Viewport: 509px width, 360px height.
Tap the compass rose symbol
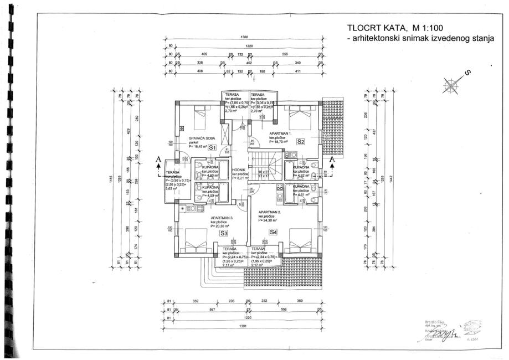(x=453, y=84)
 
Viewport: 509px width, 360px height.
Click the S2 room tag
(x=300, y=142)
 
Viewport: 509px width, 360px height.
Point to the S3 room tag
(x=224, y=233)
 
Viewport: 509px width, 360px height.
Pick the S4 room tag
(x=273, y=232)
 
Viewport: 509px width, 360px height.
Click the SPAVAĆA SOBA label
(x=202, y=138)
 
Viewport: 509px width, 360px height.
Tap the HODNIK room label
(x=238, y=170)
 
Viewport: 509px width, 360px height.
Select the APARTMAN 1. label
(x=281, y=134)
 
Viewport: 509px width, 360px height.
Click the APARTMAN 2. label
(x=270, y=212)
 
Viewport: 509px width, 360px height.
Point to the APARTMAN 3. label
(x=223, y=218)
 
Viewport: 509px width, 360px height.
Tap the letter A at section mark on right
(x=332, y=160)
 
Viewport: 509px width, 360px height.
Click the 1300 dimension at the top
(x=244, y=37)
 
